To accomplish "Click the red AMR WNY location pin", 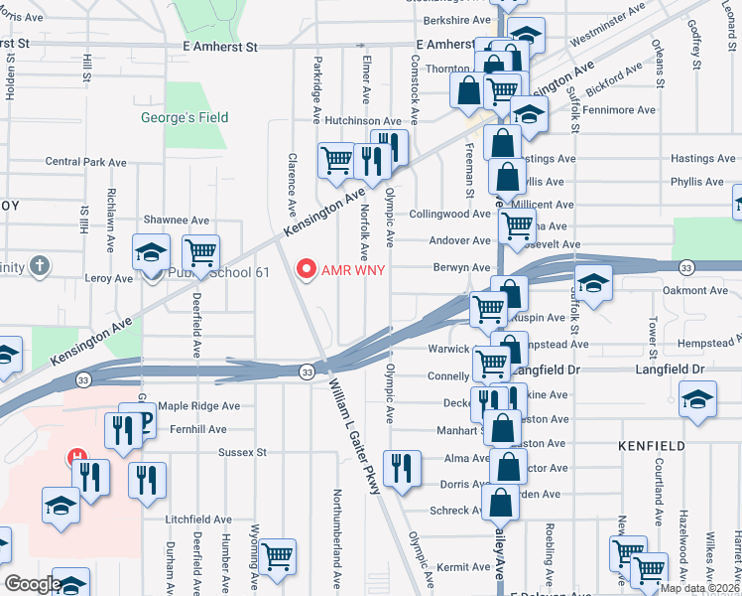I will [306, 269].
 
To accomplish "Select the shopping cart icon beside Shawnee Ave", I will [200, 252].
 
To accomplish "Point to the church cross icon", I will [39, 265].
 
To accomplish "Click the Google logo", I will [33, 583].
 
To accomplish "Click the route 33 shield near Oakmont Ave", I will [685, 267].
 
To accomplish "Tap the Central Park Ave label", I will [86, 162].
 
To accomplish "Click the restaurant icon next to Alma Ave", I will [402, 468].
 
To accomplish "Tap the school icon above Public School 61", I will [151, 252].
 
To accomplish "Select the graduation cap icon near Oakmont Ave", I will [593, 283].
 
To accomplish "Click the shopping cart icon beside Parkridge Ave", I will [337, 159].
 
